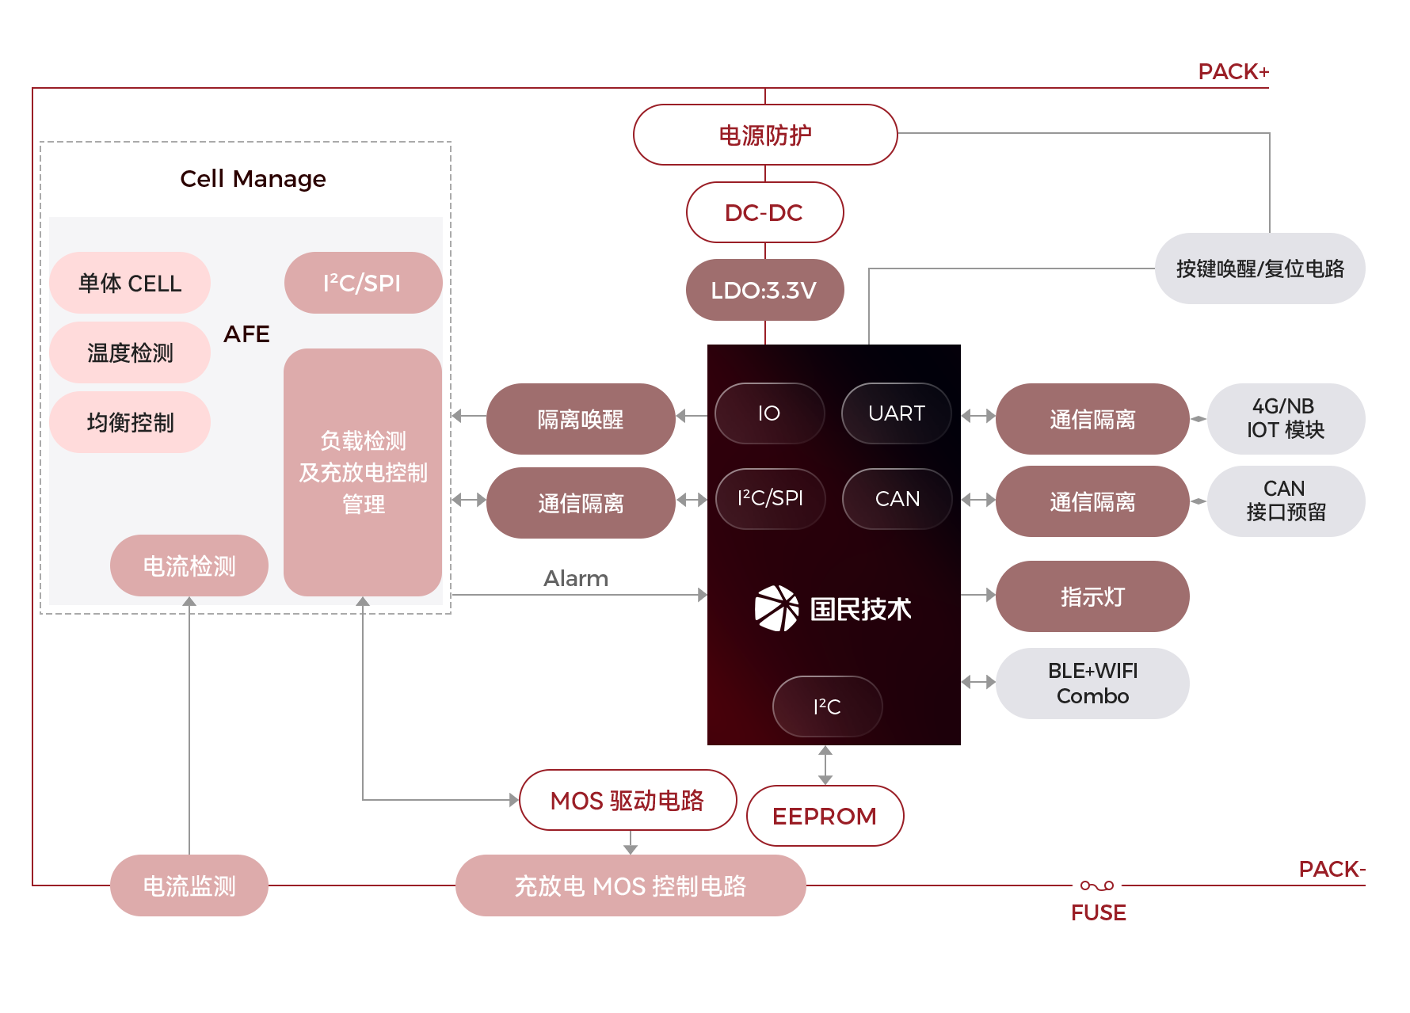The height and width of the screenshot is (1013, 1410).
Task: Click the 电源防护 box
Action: [764, 135]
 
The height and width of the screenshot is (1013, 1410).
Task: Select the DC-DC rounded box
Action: [764, 212]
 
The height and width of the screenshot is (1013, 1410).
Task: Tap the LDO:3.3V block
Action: [764, 290]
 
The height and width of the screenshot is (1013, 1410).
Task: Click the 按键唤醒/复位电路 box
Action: [1259, 268]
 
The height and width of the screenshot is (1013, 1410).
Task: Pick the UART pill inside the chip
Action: [896, 413]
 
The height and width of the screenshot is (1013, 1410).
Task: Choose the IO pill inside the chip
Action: [769, 413]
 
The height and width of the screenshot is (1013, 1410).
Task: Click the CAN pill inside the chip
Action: [897, 499]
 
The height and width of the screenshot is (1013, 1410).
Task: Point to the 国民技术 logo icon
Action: [776, 608]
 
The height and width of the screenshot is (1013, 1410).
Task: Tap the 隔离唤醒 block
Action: [580, 419]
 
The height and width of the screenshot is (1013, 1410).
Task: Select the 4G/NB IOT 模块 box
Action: [1285, 418]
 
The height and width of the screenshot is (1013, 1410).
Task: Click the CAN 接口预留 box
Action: [1285, 501]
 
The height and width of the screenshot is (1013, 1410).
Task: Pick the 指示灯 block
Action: [1092, 596]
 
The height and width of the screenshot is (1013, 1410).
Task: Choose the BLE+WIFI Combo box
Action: [1092, 683]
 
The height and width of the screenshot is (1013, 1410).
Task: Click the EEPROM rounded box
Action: [825, 816]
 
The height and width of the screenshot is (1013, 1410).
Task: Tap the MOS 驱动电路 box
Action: [627, 800]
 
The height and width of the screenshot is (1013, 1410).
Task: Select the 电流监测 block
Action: [189, 885]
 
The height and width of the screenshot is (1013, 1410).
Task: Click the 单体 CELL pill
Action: [130, 283]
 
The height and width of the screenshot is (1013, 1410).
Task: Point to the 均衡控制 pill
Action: [130, 422]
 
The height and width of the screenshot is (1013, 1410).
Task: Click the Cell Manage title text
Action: [253, 179]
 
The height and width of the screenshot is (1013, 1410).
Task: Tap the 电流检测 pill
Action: [189, 566]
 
